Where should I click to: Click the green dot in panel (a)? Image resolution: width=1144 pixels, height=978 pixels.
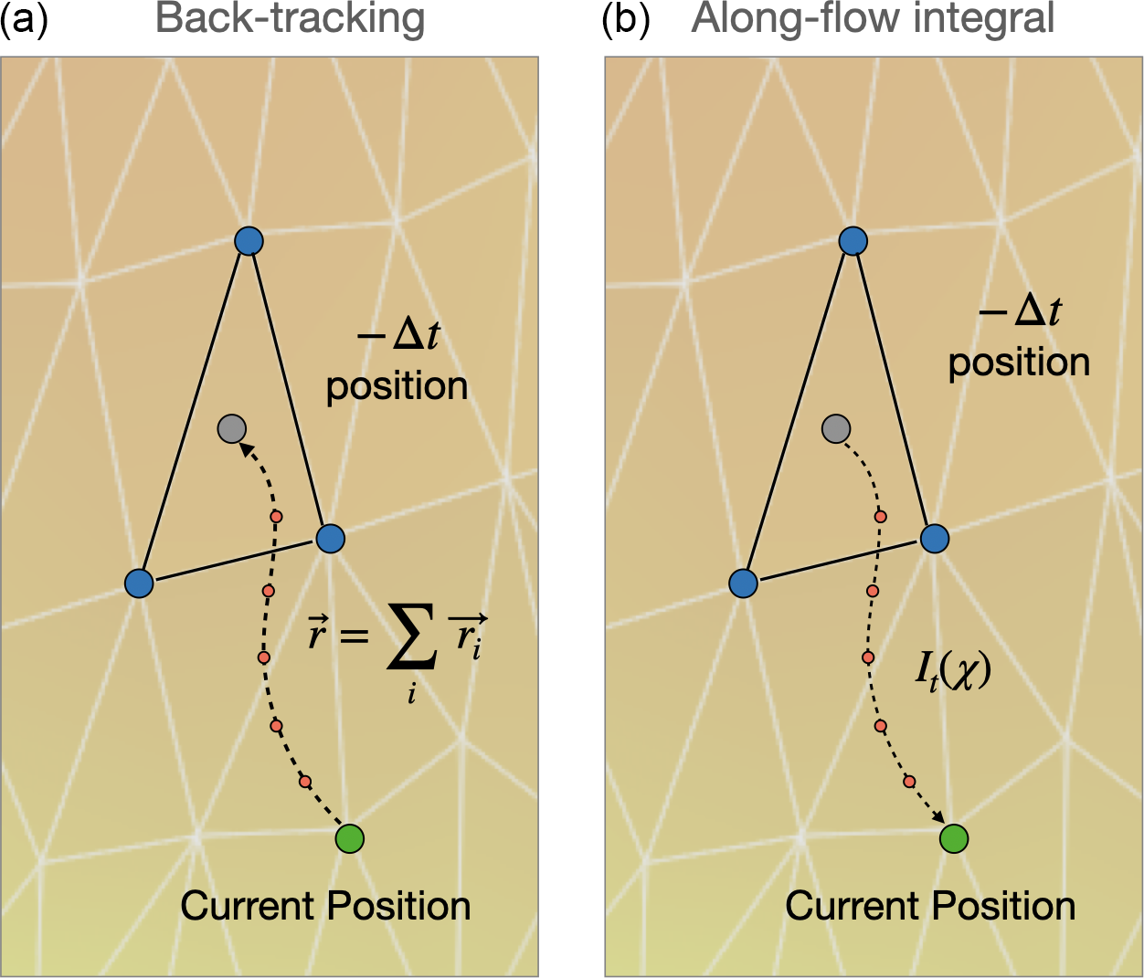350,838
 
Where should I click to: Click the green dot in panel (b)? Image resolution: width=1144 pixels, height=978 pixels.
954,838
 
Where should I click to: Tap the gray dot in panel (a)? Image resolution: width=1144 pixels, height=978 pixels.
232,428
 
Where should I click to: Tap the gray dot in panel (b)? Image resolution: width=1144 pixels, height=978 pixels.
836,428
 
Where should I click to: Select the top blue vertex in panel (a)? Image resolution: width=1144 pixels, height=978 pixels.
249,241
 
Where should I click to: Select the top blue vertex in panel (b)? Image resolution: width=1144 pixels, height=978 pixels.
853,241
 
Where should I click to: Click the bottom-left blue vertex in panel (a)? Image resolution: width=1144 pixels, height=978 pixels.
139,583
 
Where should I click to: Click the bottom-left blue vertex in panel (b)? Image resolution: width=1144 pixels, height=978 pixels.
743,583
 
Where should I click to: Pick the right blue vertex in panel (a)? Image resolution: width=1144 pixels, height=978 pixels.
331,538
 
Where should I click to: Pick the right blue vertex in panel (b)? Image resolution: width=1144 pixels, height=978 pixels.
935,538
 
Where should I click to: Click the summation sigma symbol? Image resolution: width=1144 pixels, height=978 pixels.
412,636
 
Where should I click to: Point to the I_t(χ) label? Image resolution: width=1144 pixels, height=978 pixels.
952,671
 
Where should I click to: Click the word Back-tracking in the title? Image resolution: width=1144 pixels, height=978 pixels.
290,19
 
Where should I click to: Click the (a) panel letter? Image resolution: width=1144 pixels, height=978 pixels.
24,20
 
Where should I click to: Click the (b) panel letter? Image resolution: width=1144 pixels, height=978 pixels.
625,20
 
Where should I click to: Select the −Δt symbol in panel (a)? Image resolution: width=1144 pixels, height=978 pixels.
398,335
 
